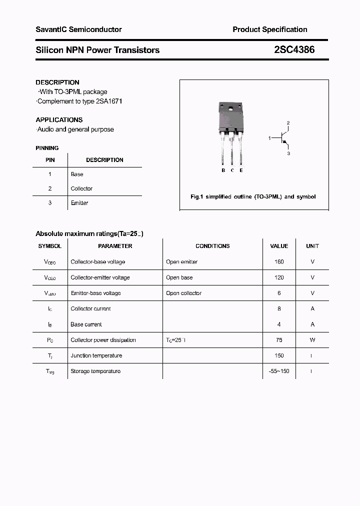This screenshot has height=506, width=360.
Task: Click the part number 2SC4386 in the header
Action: click(x=294, y=50)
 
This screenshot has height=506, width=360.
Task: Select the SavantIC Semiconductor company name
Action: click(x=78, y=29)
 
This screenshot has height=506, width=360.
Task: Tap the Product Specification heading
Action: click(x=269, y=29)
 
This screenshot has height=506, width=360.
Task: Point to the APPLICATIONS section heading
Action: click(x=59, y=120)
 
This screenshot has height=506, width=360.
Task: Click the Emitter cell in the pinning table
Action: click(x=79, y=203)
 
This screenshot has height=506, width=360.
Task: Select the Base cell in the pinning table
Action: click(x=77, y=174)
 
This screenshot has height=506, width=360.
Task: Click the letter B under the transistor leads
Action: click(x=223, y=170)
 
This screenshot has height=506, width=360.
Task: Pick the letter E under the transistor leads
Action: click(x=241, y=170)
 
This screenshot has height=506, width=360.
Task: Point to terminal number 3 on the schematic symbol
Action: click(x=288, y=153)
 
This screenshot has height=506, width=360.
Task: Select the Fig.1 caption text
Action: click(x=253, y=197)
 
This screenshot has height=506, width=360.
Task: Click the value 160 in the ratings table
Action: click(x=279, y=262)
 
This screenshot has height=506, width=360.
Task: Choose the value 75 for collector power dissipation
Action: click(x=279, y=340)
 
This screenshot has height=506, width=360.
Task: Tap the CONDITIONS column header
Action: click(x=212, y=246)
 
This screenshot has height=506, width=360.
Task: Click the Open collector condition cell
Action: click(x=183, y=293)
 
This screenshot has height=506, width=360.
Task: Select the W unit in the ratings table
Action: click(x=312, y=340)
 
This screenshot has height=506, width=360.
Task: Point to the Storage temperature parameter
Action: click(x=95, y=371)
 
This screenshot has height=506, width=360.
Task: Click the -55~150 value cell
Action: click(x=279, y=371)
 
